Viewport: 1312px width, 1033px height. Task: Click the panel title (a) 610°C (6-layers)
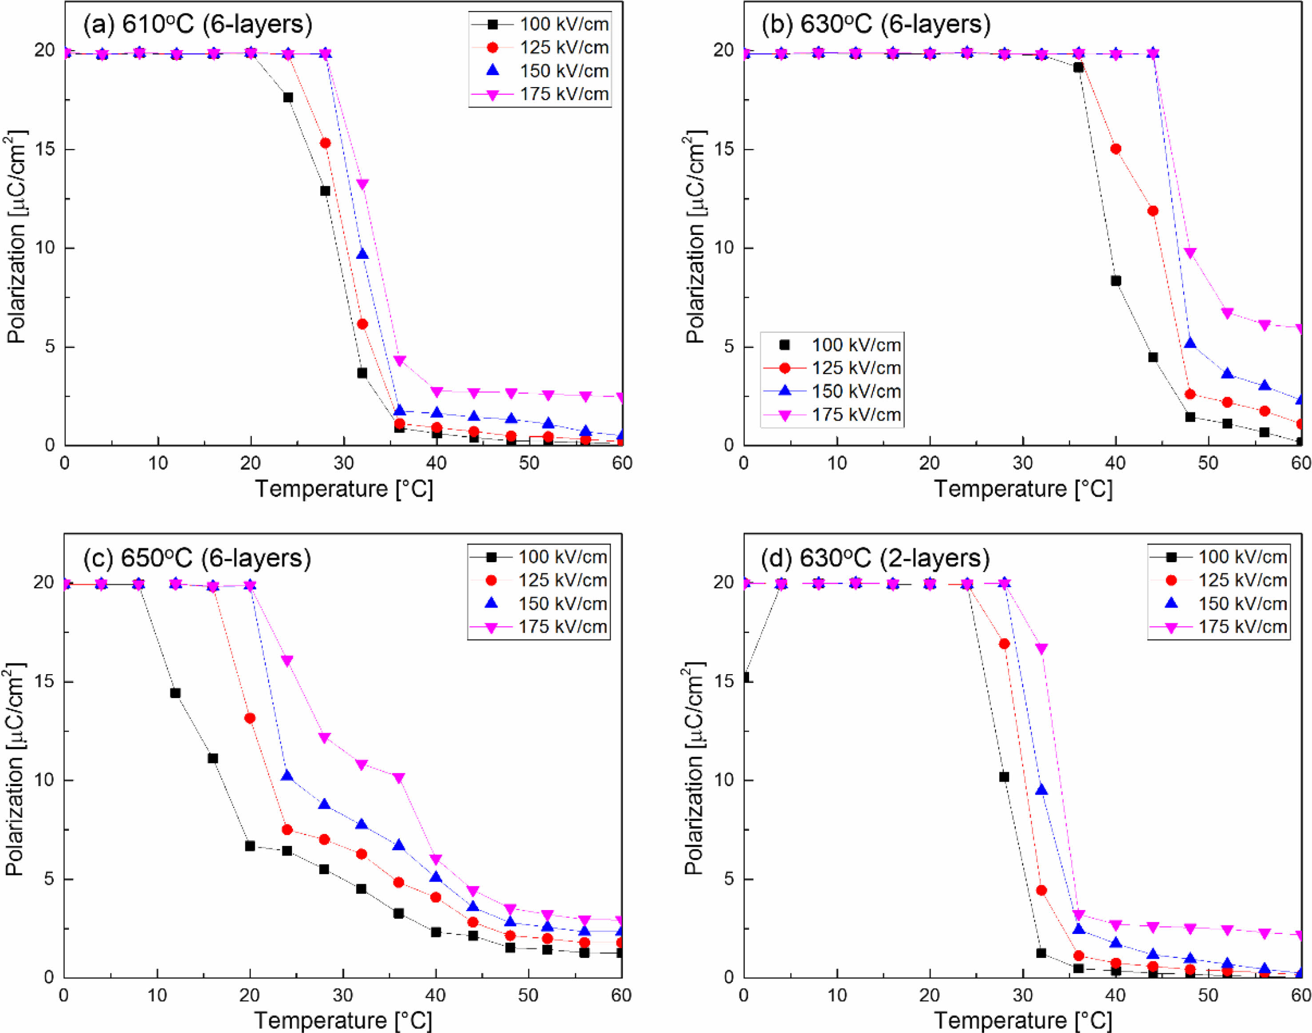pos(198,24)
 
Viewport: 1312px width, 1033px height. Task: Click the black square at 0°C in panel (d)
pos(746,677)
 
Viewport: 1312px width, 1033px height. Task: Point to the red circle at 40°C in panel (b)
pos(1116,149)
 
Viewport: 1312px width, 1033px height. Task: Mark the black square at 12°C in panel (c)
pos(175,693)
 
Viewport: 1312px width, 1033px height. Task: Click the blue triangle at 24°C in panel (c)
pos(287,776)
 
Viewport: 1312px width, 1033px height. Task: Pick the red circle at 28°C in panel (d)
pos(1004,644)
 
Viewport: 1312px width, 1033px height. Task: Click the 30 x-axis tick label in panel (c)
pos(343,996)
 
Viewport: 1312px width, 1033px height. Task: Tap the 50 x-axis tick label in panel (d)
pos(1208,996)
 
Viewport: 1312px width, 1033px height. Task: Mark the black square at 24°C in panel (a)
pos(288,97)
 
